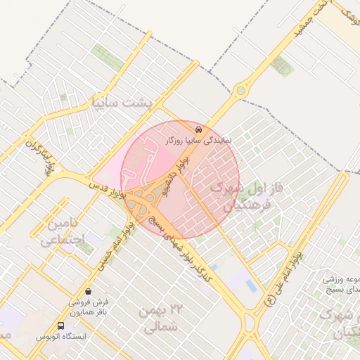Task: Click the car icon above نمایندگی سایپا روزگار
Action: pos(199,129)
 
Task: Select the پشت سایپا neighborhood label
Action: pos(122,103)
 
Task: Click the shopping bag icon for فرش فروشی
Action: pos(88,290)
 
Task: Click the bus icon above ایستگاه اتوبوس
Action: pos(61,326)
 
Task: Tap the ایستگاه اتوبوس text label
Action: pos(62,337)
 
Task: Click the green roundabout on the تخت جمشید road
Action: pos(242,90)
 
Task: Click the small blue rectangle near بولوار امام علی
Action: pos(251,285)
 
